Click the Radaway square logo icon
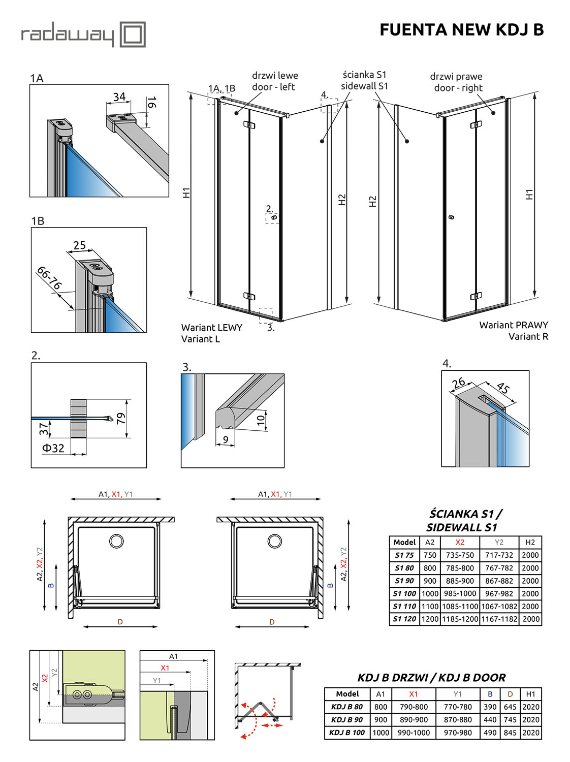coord(133,35)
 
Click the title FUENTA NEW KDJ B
coord(461,29)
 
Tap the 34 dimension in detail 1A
coord(119,97)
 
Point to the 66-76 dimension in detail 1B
coord(49,278)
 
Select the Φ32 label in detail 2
coord(53,448)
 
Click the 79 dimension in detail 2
coord(121,419)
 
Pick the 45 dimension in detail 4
coord(502,388)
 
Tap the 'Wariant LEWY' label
coord(211,328)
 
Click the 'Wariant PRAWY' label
coord(514,325)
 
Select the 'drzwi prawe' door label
coord(456,76)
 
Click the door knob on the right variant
coord(451,217)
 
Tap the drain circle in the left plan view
coord(116,541)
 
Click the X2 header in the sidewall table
coord(460,542)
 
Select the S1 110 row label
coord(404,606)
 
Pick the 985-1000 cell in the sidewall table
coord(460,593)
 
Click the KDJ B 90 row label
coord(347,719)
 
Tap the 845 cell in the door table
coord(510,733)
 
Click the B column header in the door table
coord(490,694)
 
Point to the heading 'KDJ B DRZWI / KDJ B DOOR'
coord(431,678)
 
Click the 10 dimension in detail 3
coord(261,420)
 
